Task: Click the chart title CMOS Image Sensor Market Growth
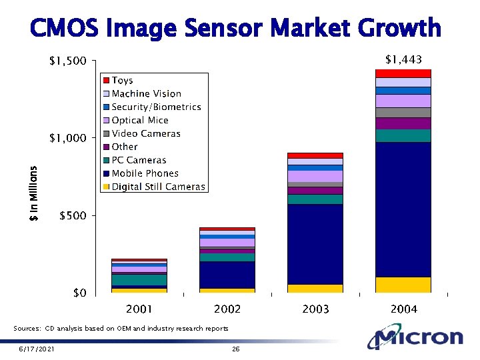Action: [235, 28]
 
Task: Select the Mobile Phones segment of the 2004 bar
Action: [403, 209]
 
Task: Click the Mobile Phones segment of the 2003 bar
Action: [315, 243]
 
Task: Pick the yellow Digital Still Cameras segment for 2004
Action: [403, 284]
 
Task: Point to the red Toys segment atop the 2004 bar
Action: [403, 73]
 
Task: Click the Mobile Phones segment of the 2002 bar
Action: [227, 275]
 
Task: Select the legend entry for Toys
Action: [122, 81]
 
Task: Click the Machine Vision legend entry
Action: [146, 94]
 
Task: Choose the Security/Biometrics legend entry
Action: [156, 107]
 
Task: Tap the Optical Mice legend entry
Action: [140, 121]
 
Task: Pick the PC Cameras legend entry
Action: [139, 161]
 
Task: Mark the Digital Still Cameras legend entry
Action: [158, 187]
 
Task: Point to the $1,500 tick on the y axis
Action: [68, 61]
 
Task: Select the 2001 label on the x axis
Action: [139, 309]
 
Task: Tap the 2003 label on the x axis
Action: [315, 309]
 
